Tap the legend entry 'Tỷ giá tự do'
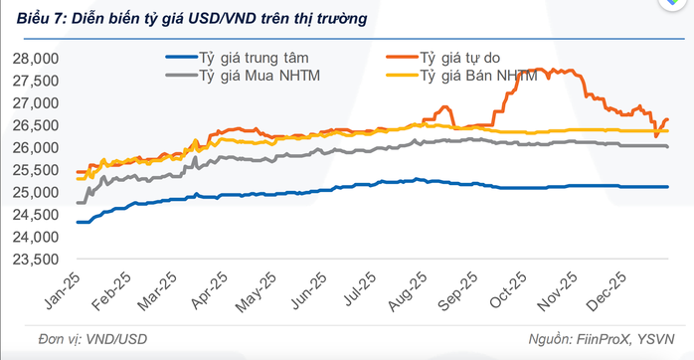tap(460, 58)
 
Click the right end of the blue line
tap(667, 187)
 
